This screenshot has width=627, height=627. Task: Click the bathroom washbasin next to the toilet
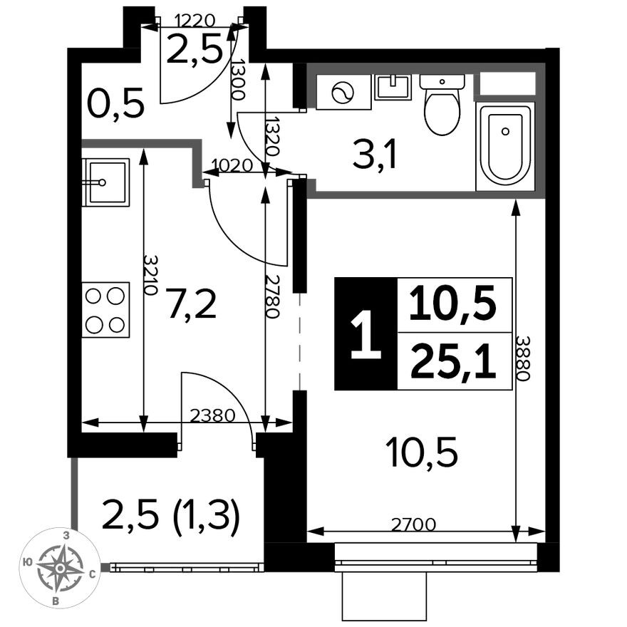click(x=393, y=87)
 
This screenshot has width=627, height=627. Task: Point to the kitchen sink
click(x=105, y=182)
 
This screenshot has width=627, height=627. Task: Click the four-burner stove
click(x=105, y=310)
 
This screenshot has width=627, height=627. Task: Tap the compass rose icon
click(x=61, y=567)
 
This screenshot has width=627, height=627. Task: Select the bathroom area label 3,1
click(x=374, y=156)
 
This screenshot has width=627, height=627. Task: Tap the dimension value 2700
click(x=414, y=525)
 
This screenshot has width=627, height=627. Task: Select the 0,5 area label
click(x=115, y=105)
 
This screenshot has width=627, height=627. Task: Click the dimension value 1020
click(x=232, y=165)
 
